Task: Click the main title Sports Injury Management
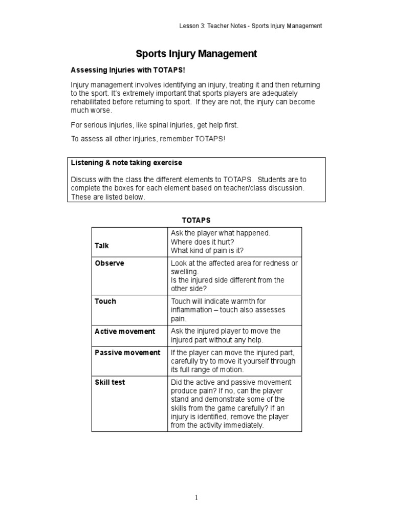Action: pos(196,54)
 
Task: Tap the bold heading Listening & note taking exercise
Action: pos(126,163)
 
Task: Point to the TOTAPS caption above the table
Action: pos(196,220)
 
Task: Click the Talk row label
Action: pos(102,246)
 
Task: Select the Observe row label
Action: pos(110,263)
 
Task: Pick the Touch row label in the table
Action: pos(105,301)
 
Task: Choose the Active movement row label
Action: pos(125,332)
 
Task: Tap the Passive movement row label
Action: pos(127,353)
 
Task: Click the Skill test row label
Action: pos(110,382)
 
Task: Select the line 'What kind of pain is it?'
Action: pos(207,250)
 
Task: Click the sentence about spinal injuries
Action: pos(154,125)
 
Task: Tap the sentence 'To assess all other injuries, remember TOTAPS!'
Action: pos(147,139)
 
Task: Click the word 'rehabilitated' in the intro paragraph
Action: pos(91,102)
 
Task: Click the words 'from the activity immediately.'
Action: pos(217,425)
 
